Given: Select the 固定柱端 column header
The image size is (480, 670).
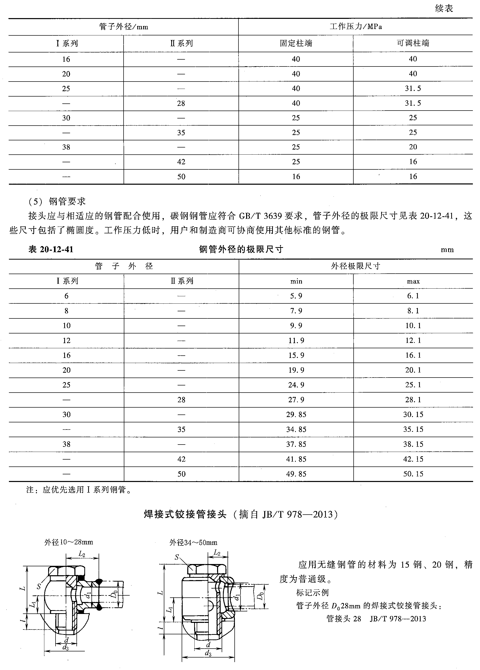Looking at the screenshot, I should click(296, 43).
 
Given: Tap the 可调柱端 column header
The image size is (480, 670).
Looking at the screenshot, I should click(413, 43).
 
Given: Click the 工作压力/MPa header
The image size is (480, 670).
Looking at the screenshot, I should click(356, 26).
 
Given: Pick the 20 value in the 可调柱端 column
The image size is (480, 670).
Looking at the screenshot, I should click(413, 147).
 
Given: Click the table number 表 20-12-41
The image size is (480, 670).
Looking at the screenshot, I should click(51, 249).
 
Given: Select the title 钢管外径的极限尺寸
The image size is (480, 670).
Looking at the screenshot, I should click(241, 249).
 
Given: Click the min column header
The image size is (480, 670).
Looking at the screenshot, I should click(296, 281).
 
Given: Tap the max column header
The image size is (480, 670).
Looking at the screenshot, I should click(413, 281).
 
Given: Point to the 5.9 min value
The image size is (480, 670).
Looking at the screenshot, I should click(296, 296).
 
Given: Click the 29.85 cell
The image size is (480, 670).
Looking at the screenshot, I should click(296, 414).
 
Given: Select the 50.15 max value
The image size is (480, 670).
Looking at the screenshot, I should click(413, 474).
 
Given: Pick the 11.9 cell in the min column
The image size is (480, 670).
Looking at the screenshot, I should click(296, 341).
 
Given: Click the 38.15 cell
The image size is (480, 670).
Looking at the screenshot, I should click(413, 444).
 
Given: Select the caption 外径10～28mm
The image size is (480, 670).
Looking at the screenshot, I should click(69, 542).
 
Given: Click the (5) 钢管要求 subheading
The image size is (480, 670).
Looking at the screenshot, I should click(57, 202).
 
